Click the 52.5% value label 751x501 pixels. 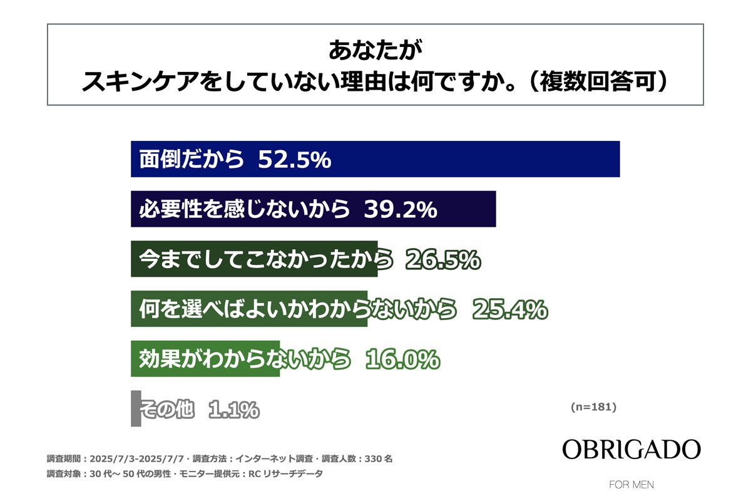point(294,160)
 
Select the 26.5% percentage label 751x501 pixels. point(443,259)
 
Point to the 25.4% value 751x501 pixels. point(510,309)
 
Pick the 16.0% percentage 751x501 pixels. point(401,359)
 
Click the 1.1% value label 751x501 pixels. point(233,410)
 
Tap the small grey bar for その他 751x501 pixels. point(136,409)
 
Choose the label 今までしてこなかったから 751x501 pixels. point(266,259)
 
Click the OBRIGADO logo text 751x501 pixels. point(631,450)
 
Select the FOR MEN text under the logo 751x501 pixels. point(631,485)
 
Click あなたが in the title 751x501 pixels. point(375,50)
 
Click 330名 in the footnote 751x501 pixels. point(379,458)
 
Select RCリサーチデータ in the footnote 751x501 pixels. point(286,474)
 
